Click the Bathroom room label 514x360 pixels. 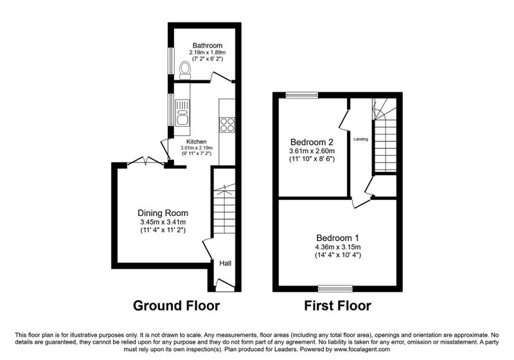click(207, 46)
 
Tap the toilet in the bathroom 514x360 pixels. click(185, 71)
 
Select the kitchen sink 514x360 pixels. click(182, 113)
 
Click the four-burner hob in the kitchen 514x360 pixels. click(227, 125)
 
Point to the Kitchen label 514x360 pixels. click(197, 141)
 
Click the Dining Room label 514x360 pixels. click(163, 213)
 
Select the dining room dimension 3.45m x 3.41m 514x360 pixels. click(163, 222)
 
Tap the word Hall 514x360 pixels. click(226, 264)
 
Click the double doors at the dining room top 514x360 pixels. click(146, 161)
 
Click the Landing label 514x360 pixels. click(360, 139)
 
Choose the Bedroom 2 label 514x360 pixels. click(312, 142)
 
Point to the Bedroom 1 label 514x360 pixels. click(338, 238)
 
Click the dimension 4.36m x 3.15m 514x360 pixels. click(338, 247)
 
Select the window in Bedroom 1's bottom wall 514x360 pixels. click(335, 289)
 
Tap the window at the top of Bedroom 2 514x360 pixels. click(301, 95)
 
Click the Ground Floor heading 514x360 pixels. click(176, 305)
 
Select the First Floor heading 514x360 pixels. click(338, 305)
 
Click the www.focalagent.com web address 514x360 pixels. click(362, 350)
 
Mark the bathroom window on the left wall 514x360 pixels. click(171, 61)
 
